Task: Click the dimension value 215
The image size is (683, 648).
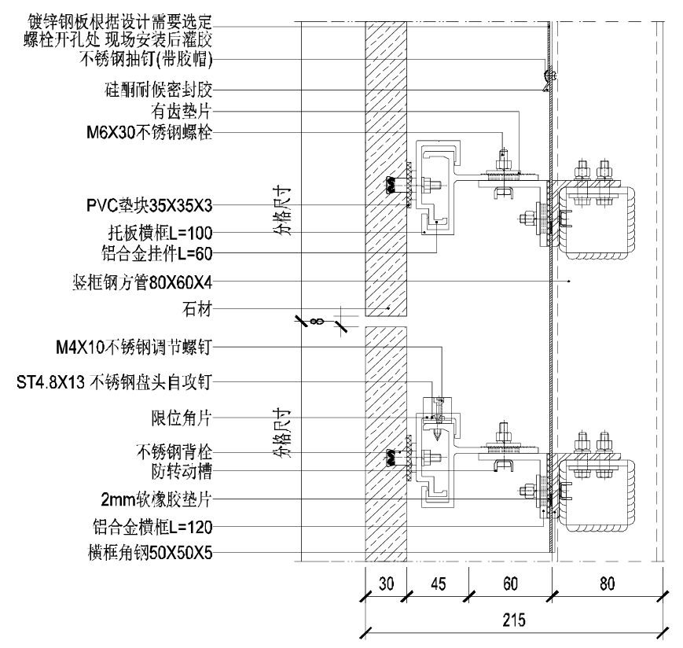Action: click(514, 619)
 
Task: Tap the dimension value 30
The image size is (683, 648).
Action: click(386, 584)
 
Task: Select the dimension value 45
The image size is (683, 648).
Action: click(438, 584)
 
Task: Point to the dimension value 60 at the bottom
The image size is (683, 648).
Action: click(510, 584)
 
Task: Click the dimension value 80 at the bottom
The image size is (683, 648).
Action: click(608, 584)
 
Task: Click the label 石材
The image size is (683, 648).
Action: click(197, 309)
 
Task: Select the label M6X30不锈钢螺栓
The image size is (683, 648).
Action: click(149, 132)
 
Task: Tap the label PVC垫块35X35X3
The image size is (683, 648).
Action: click(149, 205)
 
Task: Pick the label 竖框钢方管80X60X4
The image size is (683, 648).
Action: click(142, 283)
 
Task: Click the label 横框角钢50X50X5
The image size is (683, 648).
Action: click(150, 553)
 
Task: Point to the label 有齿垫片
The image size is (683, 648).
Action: click(182, 111)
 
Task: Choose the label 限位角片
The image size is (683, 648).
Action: click(182, 418)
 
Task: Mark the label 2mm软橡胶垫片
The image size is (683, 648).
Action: click(156, 499)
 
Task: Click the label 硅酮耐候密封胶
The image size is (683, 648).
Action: click(159, 90)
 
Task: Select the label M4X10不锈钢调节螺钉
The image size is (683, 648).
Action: click(134, 348)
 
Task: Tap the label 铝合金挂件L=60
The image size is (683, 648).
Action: click(157, 253)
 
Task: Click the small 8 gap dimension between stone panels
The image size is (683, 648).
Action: click(317, 322)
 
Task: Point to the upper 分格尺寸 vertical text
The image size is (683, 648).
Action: click(283, 212)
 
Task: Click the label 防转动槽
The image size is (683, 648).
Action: click(182, 472)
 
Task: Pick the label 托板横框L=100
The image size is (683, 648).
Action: click(160, 233)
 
